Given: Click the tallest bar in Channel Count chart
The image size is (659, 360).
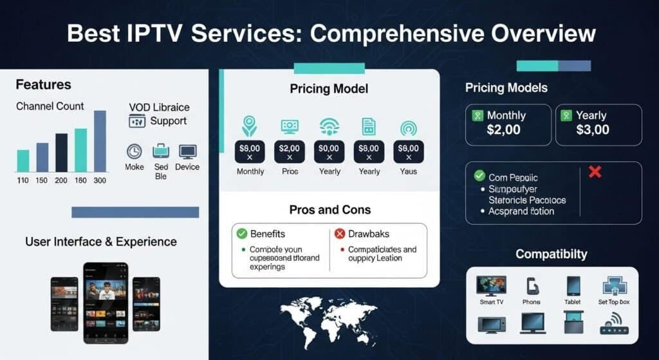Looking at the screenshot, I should pyautogui.click(x=100, y=140).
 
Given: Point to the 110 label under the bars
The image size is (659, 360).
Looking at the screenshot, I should pyautogui.click(x=23, y=180).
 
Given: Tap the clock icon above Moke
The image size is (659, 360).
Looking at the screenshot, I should pyautogui.click(x=134, y=151).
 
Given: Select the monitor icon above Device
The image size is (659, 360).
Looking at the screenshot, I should pyautogui.click(x=187, y=152).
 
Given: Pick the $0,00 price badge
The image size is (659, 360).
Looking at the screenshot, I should pyautogui.click(x=329, y=152).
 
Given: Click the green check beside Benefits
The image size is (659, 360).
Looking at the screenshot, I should pyautogui.click(x=242, y=234).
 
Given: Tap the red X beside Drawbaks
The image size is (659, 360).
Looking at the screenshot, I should pyautogui.click(x=340, y=234).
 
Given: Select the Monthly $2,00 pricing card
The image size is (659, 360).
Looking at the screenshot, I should pyautogui.click(x=508, y=124).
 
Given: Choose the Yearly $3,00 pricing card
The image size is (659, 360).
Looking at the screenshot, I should pyautogui.click(x=598, y=124).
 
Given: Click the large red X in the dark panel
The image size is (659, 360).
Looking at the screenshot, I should pyautogui.click(x=595, y=172).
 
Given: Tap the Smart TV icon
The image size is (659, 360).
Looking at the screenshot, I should pyautogui.click(x=491, y=286).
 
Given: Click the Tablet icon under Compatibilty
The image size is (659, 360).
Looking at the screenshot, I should pyautogui.click(x=573, y=286).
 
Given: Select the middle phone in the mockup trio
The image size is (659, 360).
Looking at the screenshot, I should pyautogui.click(x=106, y=303).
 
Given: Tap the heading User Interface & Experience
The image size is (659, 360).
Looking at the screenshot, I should pyautogui.click(x=100, y=242).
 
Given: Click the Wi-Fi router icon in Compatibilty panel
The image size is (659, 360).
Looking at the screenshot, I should pyautogui.click(x=613, y=323).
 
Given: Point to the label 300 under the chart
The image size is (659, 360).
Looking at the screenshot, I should pyautogui.click(x=100, y=180).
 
